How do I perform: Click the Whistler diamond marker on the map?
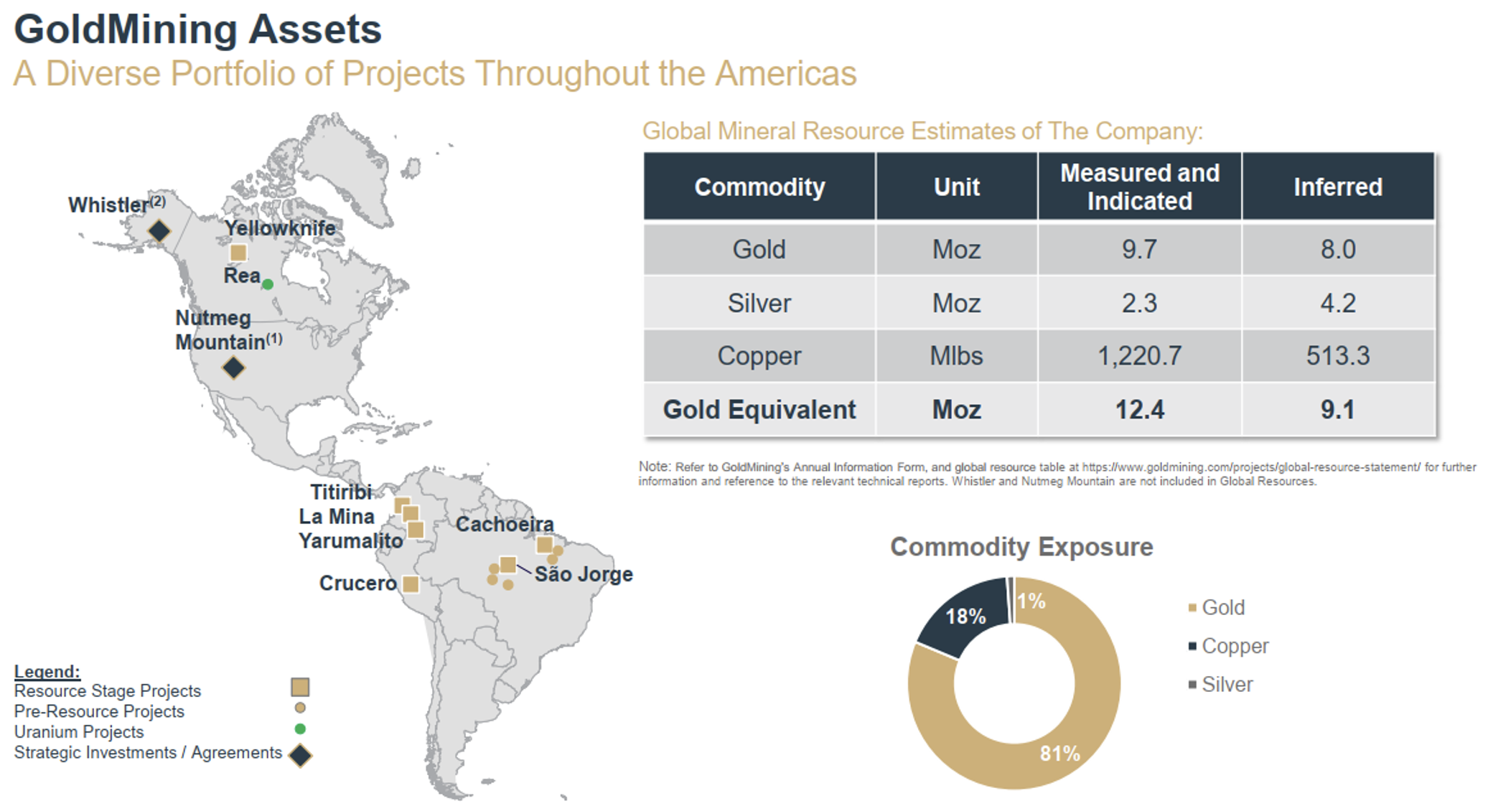tap(159, 230)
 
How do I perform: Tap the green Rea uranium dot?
tap(268, 284)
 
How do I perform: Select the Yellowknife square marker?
tap(238, 253)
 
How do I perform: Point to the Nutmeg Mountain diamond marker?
tap(233, 367)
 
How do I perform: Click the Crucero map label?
tap(357, 583)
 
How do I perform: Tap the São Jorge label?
tap(584, 574)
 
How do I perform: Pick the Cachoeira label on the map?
tap(505, 524)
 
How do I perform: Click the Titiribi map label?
tap(341, 492)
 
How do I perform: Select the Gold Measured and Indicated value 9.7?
tap(1139, 249)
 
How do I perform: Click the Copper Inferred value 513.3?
tap(1337, 355)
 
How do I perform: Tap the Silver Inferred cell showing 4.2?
tap(1337, 303)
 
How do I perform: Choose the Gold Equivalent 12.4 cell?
tap(1139, 409)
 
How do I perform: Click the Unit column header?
tap(956, 187)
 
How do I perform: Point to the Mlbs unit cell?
tap(956, 355)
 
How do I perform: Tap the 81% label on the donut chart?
tap(1059, 753)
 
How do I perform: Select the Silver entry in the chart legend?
tap(1227, 684)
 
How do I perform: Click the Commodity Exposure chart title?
tap(1021, 547)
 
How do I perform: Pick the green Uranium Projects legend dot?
tap(300, 729)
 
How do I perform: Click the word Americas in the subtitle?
tap(786, 73)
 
